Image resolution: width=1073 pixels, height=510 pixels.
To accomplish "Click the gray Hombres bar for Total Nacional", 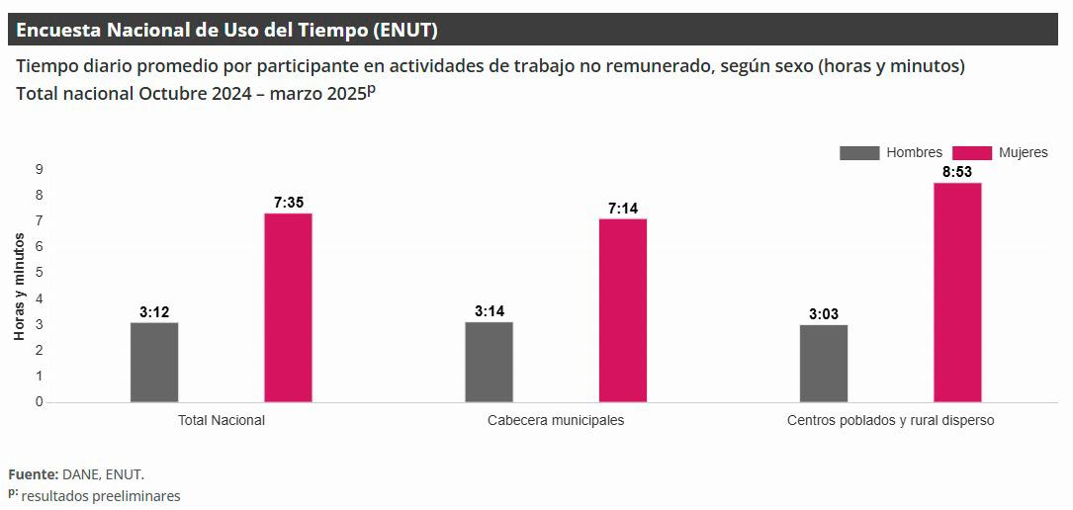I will (154, 363).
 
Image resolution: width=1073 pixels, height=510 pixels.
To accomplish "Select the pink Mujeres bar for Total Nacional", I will (288, 307).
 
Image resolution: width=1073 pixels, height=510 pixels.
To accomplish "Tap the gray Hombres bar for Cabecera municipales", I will (489, 362).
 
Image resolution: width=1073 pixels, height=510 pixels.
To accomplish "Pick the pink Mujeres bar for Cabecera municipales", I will (623, 310).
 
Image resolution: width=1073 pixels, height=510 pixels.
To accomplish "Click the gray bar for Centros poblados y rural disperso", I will (824, 364).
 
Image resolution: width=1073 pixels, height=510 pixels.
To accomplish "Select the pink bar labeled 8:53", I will (957, 293).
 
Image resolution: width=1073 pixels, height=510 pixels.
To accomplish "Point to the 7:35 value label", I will (289, 202).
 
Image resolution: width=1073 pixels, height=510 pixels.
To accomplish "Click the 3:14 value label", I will (490, 311).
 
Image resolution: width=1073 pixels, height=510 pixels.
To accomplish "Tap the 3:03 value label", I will (824, 314).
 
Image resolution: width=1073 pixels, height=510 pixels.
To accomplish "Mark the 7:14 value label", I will (623, 208).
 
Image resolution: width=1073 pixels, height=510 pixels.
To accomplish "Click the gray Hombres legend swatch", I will (858, 153).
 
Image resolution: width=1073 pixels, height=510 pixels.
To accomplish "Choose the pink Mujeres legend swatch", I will (971, 153).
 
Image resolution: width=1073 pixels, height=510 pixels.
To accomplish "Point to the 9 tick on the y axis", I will (40, 169).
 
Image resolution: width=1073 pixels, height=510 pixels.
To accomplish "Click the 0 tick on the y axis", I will (40, 402).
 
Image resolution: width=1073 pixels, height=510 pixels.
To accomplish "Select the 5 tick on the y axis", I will (40, 273).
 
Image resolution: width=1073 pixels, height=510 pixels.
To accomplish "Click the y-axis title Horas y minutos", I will (19, 287).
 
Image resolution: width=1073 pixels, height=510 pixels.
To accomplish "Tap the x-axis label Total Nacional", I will (222, 420).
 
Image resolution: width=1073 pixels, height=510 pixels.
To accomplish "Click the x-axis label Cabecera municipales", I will (556, 420).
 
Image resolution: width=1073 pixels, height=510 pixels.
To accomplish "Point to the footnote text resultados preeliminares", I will (101, 496).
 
